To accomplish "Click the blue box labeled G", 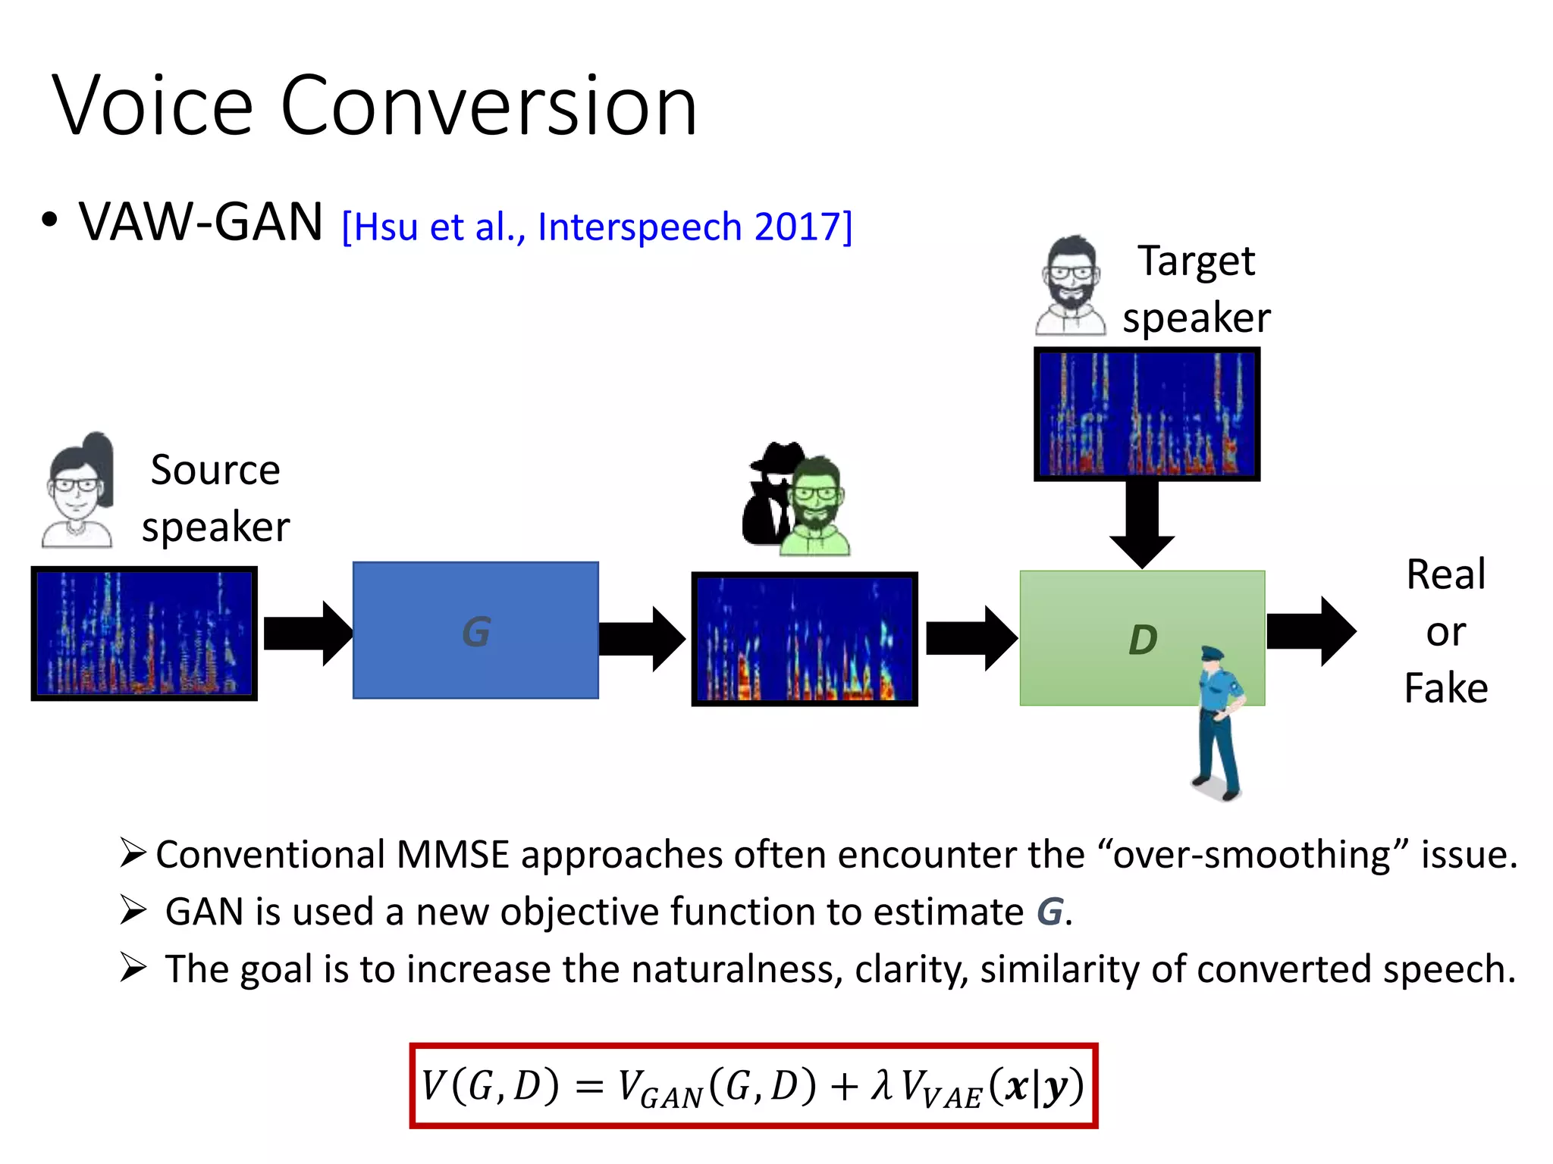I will (475, 630).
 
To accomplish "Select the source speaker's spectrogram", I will (144, 633).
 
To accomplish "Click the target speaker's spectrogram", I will (1147, 414).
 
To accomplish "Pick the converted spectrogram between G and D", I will (805, 639).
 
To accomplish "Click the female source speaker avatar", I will (78, 490).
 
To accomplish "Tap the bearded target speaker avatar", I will (1070, 286).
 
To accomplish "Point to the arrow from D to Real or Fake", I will (1310, 631).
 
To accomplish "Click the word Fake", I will (1445, 688).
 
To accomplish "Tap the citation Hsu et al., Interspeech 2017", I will (597, 227).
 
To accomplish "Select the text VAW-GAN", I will (201, 222).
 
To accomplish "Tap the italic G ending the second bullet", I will (1049, 912).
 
